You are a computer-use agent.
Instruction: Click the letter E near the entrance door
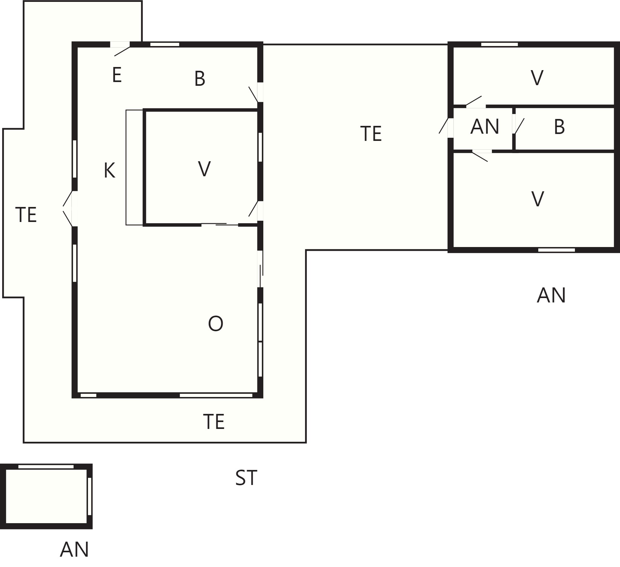click(x=117, y=75)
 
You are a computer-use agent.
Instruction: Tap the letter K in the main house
click(x=110, y=171)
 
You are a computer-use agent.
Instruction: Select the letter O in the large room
click(x=215, y=323)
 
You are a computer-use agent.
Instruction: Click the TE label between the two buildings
click(x=371, y=134)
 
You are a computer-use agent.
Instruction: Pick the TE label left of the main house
click(x=26, y=215)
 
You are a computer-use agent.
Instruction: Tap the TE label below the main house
click(x=214, y=421)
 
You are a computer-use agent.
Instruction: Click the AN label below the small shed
click(x=75, y=549)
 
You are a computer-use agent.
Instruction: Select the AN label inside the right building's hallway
click(x=485, y=126)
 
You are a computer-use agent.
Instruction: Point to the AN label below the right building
click(x=551, y=295)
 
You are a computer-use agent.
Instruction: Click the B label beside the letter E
click(x=200, y=79)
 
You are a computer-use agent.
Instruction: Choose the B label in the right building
click(x=559, y=127)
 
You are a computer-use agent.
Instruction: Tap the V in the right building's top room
click(x=537, y=78)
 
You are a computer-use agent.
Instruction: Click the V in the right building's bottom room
click(x=538, y=199)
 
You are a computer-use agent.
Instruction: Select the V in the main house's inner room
click(x=204, y=169)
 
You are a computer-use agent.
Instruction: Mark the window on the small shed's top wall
click(x=46, y=466)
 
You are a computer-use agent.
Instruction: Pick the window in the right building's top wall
click(x=499, y=44)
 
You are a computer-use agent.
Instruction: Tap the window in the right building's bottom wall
click(x=556, y=250)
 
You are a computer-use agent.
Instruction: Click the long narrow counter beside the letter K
click(x=135, y=168)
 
